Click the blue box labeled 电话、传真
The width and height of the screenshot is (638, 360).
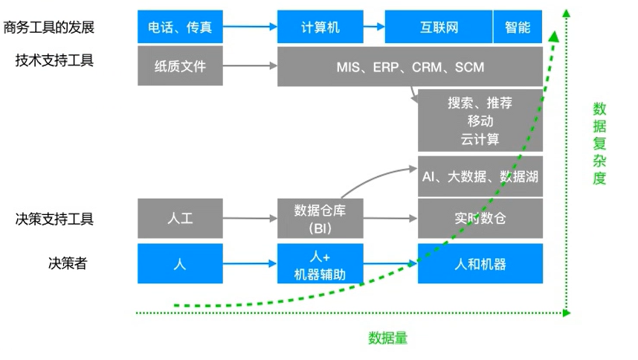[x=180, y=28]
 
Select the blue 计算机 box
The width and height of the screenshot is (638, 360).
[x=320, y=28]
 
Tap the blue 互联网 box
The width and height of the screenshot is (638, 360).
[x=439, y=28]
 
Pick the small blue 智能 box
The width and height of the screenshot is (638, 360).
[x=518, y=28]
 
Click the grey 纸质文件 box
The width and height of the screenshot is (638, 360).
[x=180, y=67]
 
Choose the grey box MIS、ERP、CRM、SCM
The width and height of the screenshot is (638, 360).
[x=410, y=67]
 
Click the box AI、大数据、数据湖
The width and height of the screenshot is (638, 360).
[x=480, y=176]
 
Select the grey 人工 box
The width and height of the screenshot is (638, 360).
[x=180, y=219]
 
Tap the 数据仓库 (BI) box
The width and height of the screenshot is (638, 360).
[x=320, y=219]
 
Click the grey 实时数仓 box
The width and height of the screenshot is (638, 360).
[x=480, y=219]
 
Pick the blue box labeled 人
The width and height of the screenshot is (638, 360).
[x=180, y=263]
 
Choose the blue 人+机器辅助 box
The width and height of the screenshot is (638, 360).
[x=320, y=263]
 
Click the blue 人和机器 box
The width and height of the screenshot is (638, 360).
[x=480, y=263]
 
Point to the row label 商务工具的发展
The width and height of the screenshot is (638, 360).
[x=49, y=28]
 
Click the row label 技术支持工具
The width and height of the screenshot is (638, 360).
[x=54, y=60]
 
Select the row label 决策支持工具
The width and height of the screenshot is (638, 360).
[x=54, y=219]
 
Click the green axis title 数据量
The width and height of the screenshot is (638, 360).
[x=387, y=338]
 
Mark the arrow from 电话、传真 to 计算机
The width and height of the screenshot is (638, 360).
[x=250, y=28]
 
